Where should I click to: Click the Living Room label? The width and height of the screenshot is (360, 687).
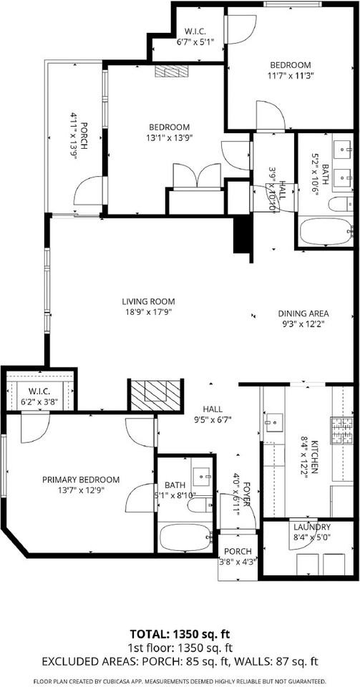pos(148,301)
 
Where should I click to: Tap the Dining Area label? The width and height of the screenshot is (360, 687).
pos(303,313)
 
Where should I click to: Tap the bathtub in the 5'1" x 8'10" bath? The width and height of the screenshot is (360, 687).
pos(185,537)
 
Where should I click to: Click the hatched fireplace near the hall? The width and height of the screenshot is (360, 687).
pos(154,393)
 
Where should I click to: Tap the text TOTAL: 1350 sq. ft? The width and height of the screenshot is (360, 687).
pos(180,634)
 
